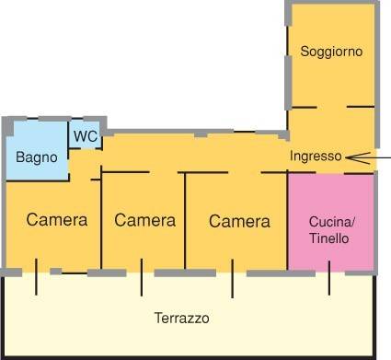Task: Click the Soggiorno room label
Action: [x=331, y=52]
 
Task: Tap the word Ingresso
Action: [x=316, y=156]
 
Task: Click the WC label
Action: [x=86, y=136]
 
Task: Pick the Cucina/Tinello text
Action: [x=331, y=230]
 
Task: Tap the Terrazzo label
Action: [x=181, y=319]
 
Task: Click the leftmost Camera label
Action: [x=57, y=220]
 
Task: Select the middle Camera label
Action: [x=144, y=220]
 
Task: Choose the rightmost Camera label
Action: [x=239, y=221]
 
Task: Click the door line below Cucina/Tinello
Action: [x=329, y=278]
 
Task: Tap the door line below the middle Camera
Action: [x=141, y=278]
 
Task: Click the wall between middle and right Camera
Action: [x=187, y=221]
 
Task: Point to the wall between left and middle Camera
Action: [x=101, y=221]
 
